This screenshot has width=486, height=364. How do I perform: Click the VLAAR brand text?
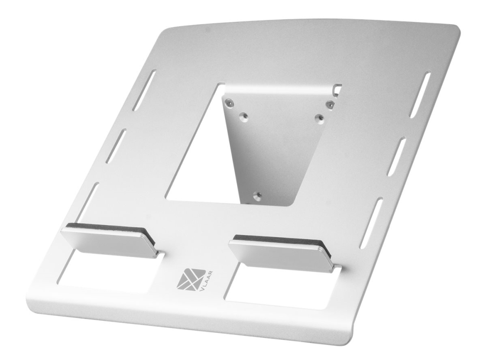pos(208,281)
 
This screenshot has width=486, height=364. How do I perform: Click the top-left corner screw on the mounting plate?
pos(229,102)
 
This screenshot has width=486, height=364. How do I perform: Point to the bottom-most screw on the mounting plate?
pos(257,195)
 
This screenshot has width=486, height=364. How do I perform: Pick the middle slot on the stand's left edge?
pos(116,146)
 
